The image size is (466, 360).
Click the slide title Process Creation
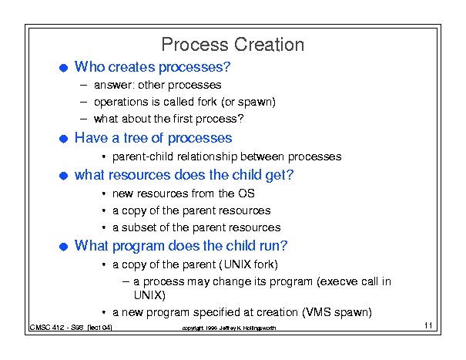pos(233,45)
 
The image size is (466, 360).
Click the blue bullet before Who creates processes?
pos(64,68)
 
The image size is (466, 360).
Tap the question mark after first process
pos(241,119)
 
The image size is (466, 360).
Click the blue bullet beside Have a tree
pos(64,139)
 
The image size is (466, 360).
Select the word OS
pos(246,193)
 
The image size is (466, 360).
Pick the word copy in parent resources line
pos(134,211)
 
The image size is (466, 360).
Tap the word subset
pos(139,227)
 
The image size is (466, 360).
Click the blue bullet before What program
pos(64,247)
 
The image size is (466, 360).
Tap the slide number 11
pos(428,325)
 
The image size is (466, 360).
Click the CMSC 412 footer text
pos(71,328)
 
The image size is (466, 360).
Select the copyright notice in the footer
pos(229,328)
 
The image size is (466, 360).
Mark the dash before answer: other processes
pos(83,86)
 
